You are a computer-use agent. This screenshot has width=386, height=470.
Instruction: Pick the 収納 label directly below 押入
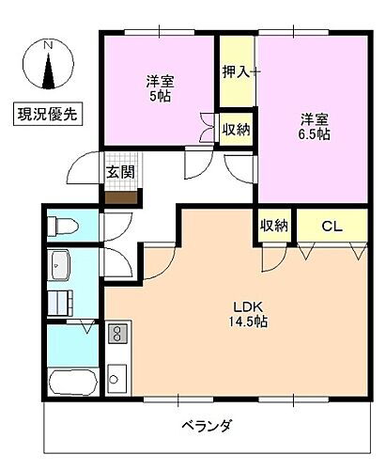pyautogui.click(x=237, y=129)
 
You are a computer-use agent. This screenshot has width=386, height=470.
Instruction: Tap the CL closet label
pyautogui.click(x=331, y=226)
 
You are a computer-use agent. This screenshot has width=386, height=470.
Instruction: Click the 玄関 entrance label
pyautogui.click(x=119, y=171)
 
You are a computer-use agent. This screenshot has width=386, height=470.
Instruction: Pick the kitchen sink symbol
pyautogui.click(x=116, y=378)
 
